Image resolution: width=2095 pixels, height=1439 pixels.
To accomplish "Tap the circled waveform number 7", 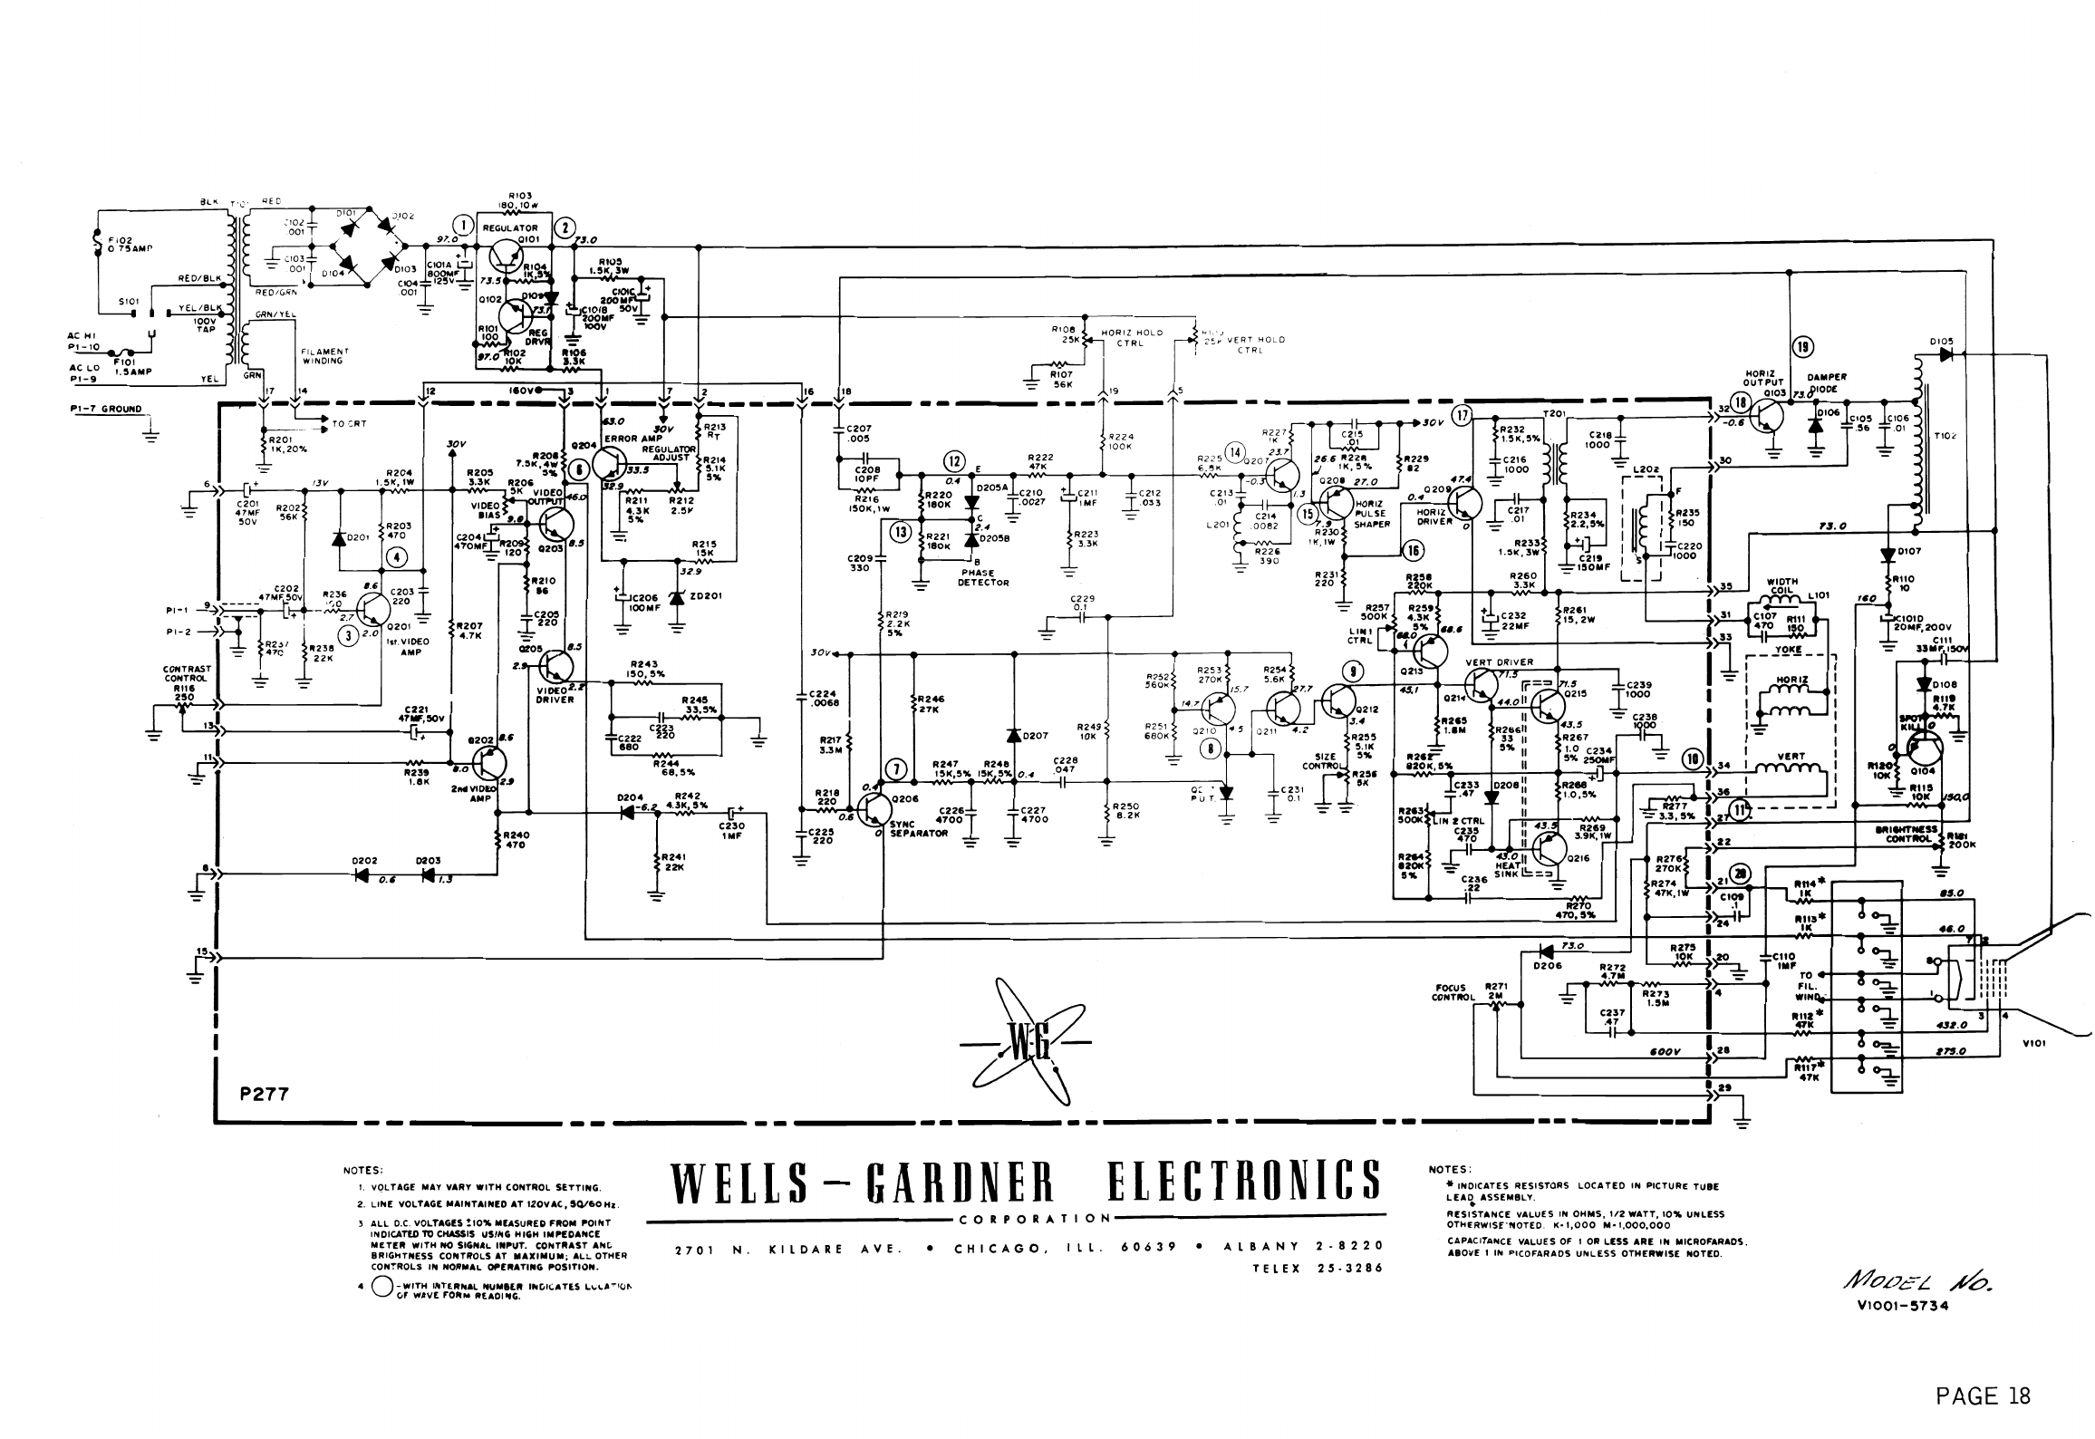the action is (896, 769).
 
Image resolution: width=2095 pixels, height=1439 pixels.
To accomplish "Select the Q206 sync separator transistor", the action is (873, 809).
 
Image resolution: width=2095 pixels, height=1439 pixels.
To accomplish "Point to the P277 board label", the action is (264, 1094).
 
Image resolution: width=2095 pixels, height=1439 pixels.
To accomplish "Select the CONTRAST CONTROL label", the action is (187, 673).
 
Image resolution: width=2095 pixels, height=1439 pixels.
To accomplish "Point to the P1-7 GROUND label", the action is (106, 409).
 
